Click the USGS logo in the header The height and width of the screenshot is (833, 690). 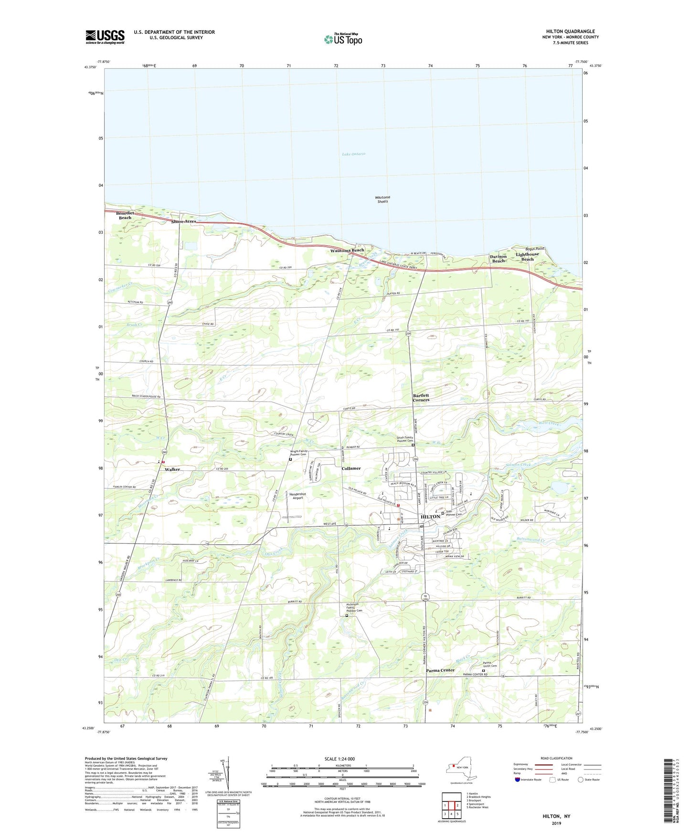pyautogui.click(x=105, y=37)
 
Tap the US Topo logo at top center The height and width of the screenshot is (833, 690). pyautogui.click(x=343, y=39)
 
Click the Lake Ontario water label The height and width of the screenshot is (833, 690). pyautogui.click(x=353, y=154)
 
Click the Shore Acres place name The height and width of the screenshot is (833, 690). pyautogui.click(x=184, y=222)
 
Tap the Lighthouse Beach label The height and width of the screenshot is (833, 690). pyautogui.click(x=527, y=257)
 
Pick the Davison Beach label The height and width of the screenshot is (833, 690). pyautogui.click(x=498, y=259)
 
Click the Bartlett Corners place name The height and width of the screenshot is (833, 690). pyautogui.click(x=421, y=397)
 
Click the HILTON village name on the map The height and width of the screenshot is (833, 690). pyautogui.click(x=430, y=516)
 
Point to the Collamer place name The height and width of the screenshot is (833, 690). pyautogui.click(x=351, y=469)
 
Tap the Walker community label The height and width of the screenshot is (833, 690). pyautogui.click(x=172, y=469)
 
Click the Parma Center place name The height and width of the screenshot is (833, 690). pyautogui.click(x=440, y=670)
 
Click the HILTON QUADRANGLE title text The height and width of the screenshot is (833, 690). pyautogui.click(x=570, y=31)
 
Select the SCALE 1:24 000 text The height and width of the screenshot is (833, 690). pyautogui.click(x=342, y=759)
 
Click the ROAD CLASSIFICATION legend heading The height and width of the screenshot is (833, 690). pyautogui.click(x=557, y=758)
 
